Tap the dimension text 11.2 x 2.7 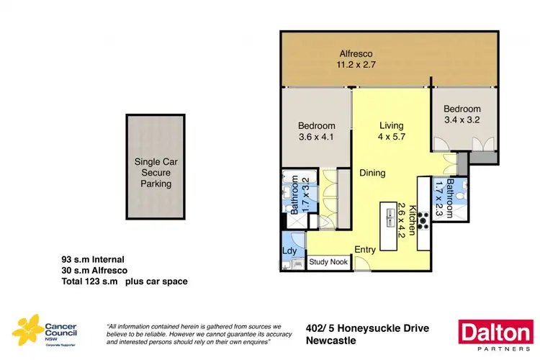[x=355, y=65]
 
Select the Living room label [x=390, y=126]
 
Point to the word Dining [x=373, y=173]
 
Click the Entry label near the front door [x=365, y=250]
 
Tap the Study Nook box [x=328, y=262]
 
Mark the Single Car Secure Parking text [x=156, y=173]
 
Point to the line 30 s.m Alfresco [x=94, y=270]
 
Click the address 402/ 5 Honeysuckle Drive [x=366, y=328]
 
